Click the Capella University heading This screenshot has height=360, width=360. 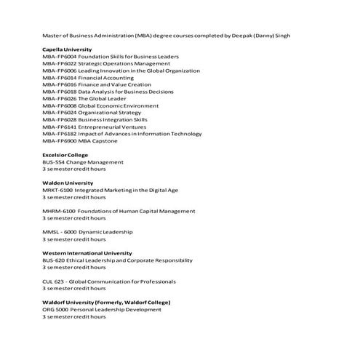pyautogui.click(x=67, y=49)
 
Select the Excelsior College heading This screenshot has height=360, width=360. pyautogui.click(x=65, y=155)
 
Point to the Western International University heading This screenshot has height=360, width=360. pyautogui.click(x=87, y=253)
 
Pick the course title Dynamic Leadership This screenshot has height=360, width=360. pyautogui.click(x=107, y=232)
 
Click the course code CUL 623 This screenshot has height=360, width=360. pyautogui.click(x=53, y=281)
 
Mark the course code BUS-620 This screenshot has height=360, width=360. pyautogui.click(x=55, y=260)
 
